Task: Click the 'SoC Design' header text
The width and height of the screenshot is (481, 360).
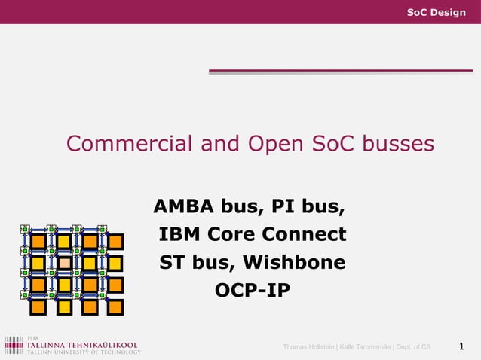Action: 436,12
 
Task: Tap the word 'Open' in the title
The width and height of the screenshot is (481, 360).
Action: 272,143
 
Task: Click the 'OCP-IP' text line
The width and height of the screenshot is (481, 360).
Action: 252,290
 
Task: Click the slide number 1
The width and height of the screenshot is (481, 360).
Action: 461,346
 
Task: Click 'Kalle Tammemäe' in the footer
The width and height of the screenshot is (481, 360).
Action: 369,346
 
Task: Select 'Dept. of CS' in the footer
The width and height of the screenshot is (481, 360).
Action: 415,346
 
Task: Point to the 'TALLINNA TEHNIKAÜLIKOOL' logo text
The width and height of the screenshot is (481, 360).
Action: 83,343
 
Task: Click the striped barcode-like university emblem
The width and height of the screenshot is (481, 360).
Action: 14,345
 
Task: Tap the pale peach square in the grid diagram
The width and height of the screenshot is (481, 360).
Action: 65,263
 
